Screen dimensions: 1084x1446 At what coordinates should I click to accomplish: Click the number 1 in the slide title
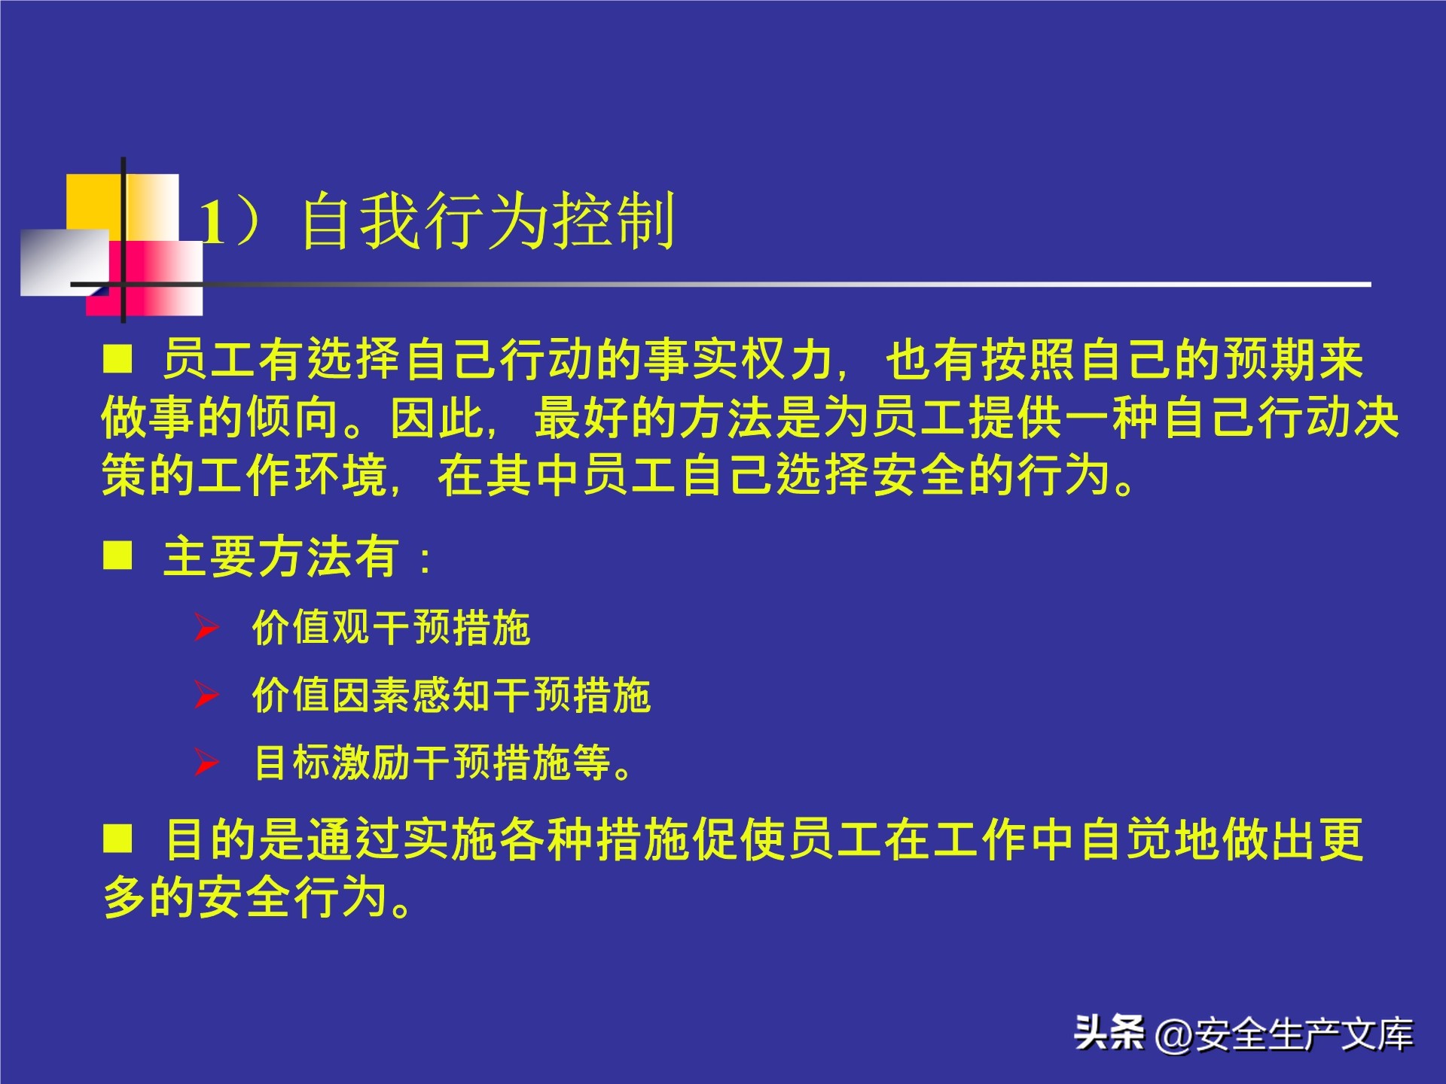(x=212, y=224)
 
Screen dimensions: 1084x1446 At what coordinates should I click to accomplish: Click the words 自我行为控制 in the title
(x=487, y=221)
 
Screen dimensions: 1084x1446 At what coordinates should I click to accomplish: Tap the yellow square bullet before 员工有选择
(x=117, y=359)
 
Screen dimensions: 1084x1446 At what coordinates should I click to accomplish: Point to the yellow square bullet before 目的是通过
(x=117, y=838)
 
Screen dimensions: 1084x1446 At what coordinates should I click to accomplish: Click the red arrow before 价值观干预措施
(x=206, y=627)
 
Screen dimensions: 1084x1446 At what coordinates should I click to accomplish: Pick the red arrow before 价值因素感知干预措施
(x=206, y=695)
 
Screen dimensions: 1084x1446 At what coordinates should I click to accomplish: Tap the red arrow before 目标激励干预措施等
(x=206, y=762)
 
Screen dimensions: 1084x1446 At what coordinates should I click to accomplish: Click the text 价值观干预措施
(x=391, y=627)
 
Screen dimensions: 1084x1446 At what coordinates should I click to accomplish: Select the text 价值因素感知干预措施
(x=451, y=695)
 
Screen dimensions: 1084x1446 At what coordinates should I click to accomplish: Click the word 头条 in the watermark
(x=1109, y=1033)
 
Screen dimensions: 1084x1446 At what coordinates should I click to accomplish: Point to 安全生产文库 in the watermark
(x=1304, y=1034)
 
